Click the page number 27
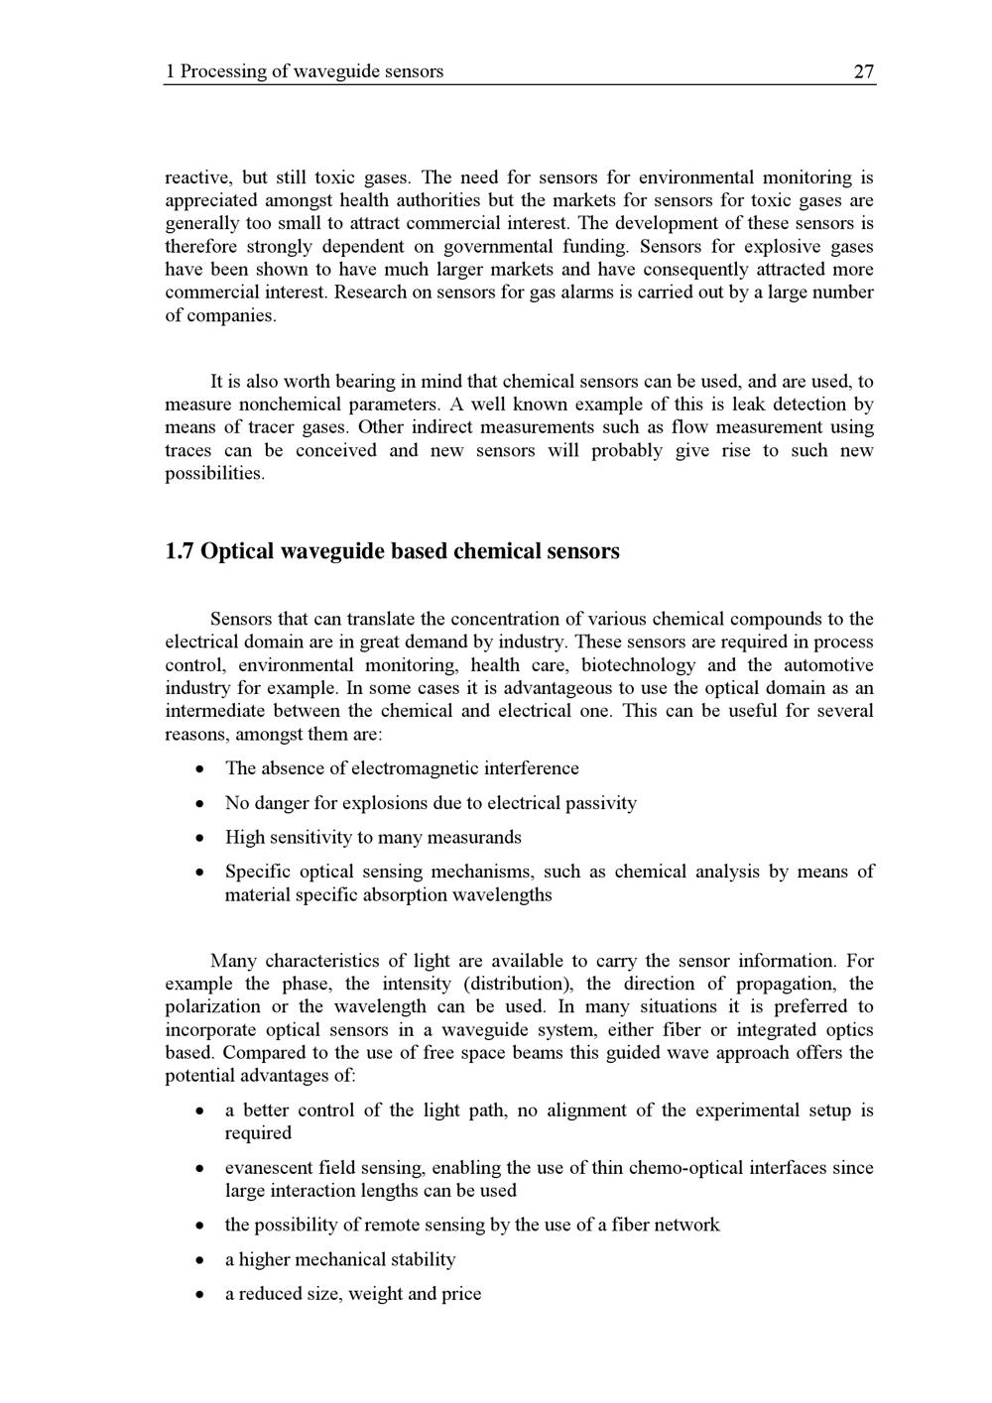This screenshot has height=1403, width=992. coord(864,71)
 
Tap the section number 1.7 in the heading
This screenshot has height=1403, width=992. coord(180,551)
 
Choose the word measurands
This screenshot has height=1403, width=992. coord(473,838)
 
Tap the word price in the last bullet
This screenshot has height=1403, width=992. coord(461,1294)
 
